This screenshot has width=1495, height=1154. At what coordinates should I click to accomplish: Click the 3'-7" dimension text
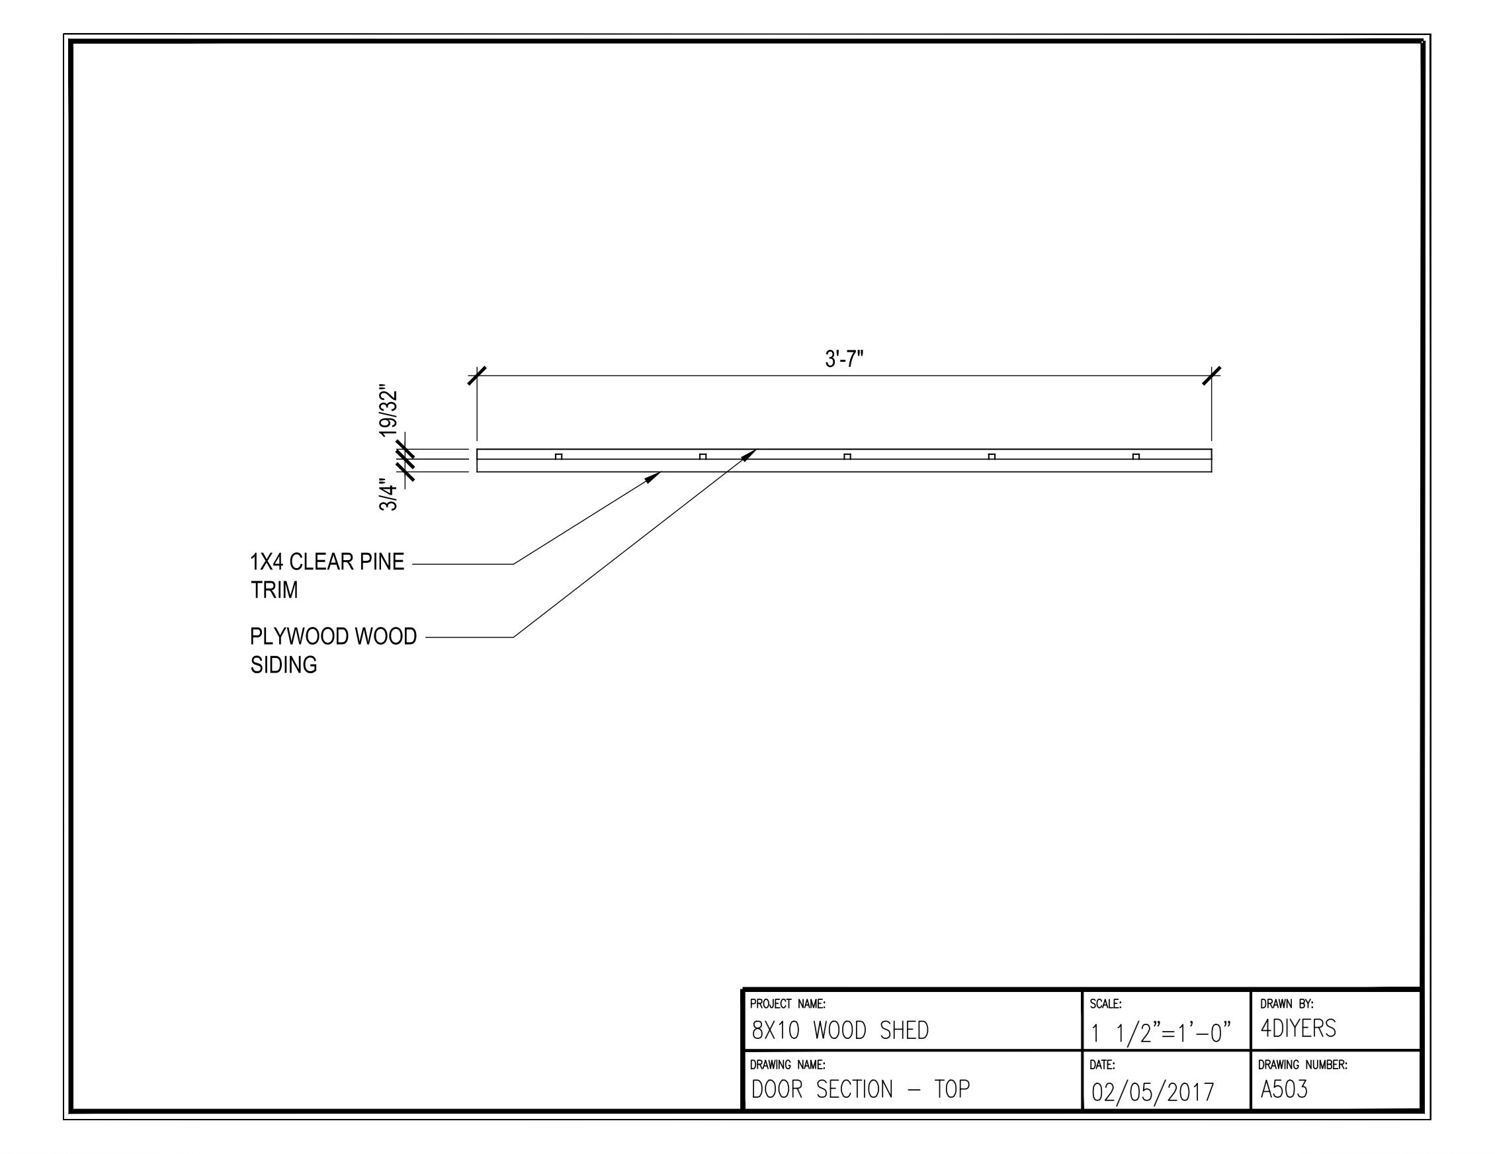844,358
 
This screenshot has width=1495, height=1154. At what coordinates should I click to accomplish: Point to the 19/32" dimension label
389,413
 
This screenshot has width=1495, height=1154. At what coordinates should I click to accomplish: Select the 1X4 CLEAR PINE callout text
327,562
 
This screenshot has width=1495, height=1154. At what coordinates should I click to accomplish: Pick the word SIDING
283,665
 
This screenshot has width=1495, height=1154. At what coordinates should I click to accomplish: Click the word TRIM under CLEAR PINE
274,590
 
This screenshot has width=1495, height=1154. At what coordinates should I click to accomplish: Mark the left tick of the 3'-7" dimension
477,376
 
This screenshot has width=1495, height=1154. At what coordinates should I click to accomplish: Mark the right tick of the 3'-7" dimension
1212,376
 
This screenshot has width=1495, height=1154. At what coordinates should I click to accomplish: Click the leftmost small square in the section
558,456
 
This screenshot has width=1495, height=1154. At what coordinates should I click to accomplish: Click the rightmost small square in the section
1136,456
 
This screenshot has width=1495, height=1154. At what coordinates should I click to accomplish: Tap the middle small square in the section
847,456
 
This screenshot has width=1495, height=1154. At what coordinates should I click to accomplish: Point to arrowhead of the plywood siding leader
751,453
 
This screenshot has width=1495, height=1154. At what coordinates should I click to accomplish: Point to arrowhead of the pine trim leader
655,475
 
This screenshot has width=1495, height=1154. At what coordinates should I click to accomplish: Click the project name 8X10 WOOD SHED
840,1030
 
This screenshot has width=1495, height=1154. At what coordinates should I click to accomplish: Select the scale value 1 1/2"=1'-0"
1161,1032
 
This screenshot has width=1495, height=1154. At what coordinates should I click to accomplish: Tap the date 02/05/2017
1153,1092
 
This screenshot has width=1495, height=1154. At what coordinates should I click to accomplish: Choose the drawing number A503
1284,1089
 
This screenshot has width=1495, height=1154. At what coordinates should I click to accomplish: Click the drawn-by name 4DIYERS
1298,1028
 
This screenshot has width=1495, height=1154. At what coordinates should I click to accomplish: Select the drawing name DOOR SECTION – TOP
861,1089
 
